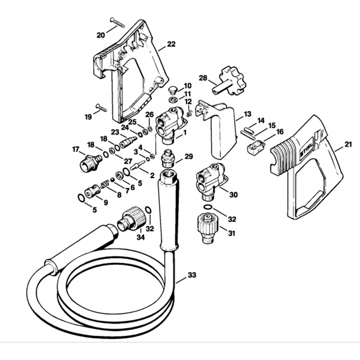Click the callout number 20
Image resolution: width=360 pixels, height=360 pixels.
(101, 35)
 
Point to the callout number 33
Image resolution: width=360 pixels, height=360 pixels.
(192, 276)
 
